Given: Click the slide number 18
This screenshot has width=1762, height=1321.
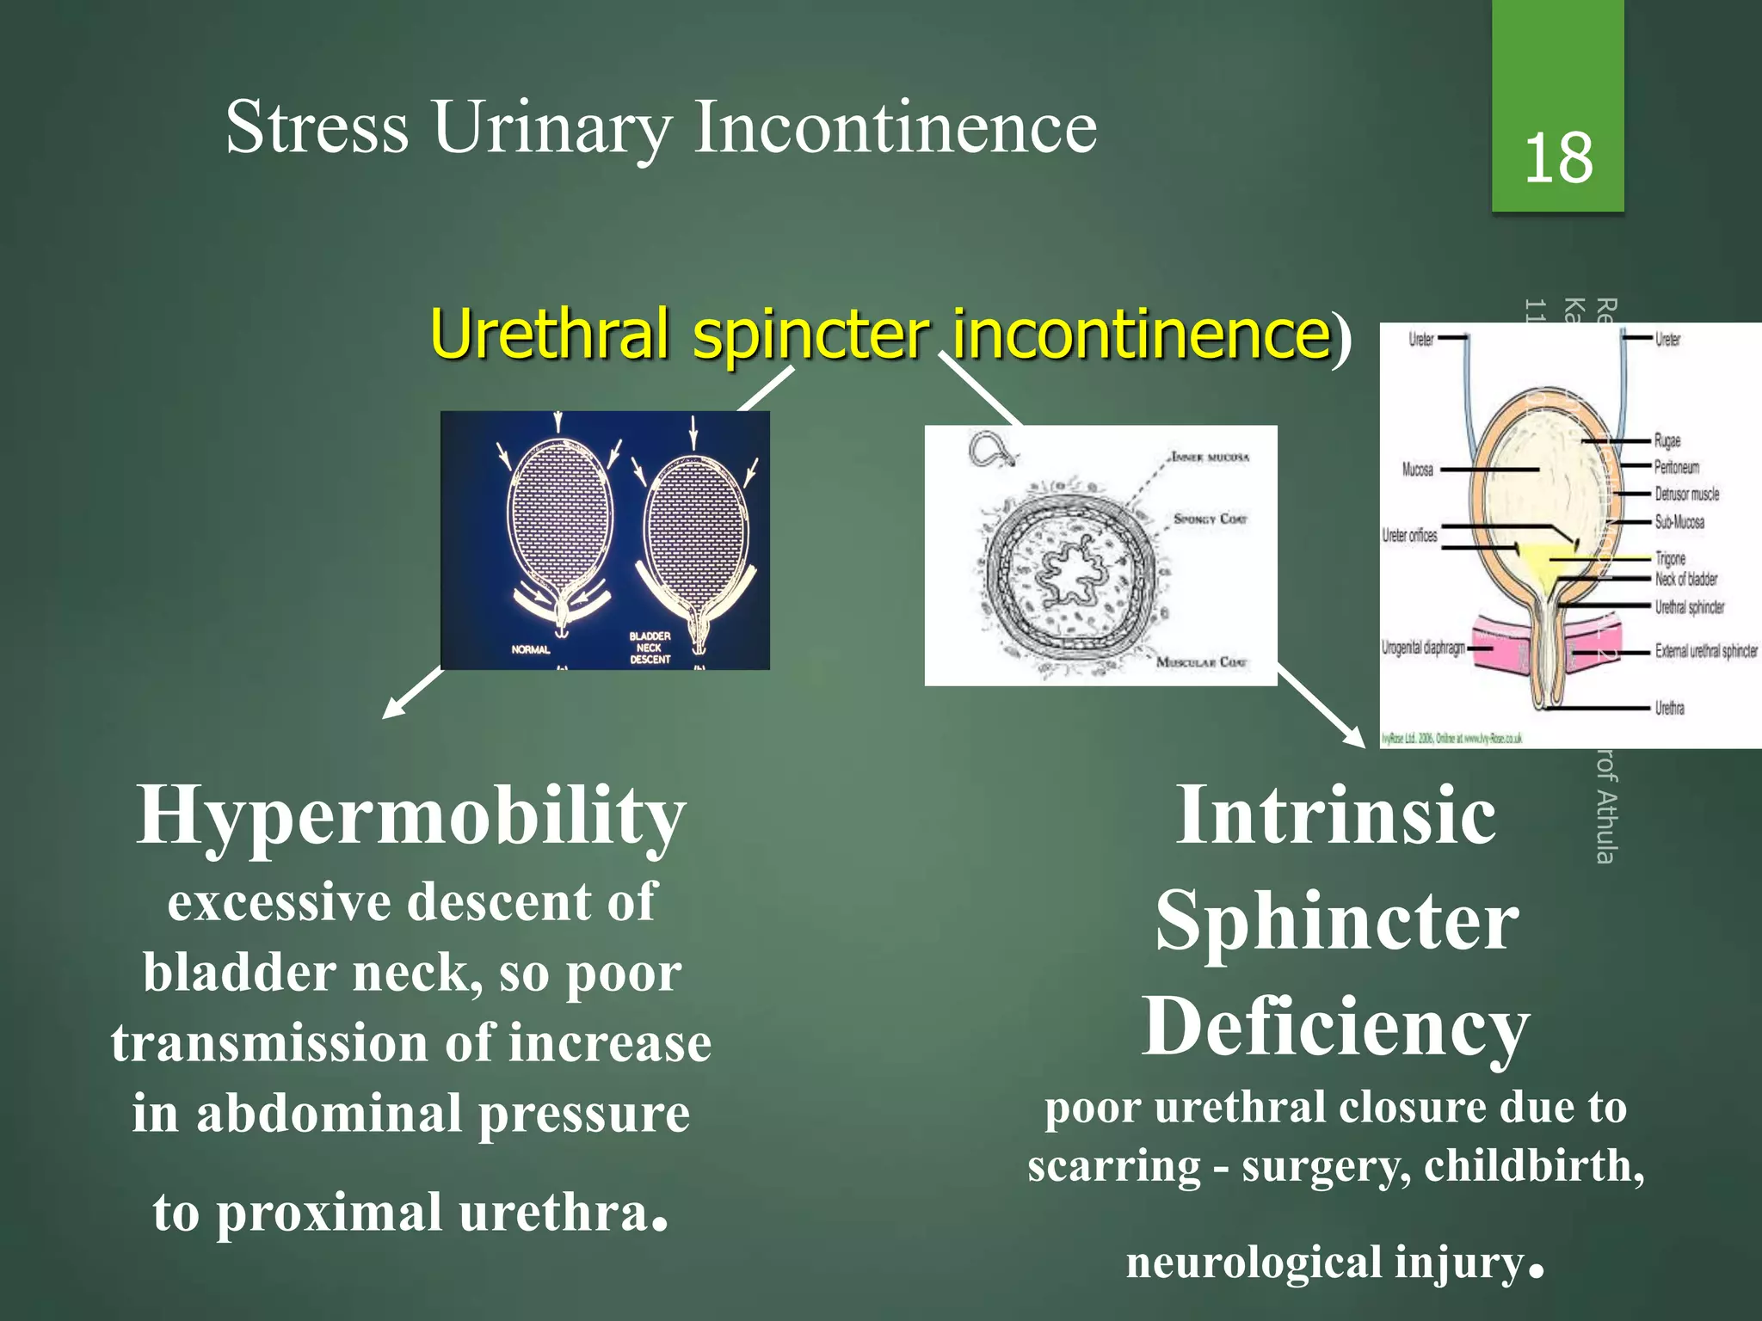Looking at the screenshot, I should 1558,159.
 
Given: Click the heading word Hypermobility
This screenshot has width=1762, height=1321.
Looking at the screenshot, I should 410,815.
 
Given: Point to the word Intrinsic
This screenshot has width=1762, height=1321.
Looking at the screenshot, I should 1335,815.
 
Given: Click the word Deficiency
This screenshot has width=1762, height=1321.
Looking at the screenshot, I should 1335,1027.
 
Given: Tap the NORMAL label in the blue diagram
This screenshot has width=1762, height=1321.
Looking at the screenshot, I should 530,649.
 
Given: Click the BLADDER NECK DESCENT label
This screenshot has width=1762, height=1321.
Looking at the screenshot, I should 650,648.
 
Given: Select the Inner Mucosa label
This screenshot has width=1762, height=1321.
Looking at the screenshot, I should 1210,457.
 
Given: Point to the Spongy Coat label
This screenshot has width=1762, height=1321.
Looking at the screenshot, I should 1211,519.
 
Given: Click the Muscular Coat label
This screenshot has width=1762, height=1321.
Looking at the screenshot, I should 1201,662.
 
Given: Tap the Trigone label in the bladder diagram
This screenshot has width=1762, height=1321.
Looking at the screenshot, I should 1670,558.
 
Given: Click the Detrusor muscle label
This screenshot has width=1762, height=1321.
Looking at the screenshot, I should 1686,495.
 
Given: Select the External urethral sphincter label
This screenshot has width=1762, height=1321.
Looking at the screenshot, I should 1705,651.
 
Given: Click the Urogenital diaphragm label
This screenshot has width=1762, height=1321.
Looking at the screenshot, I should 1423,648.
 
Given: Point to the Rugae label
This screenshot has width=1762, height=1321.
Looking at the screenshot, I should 1667,441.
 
